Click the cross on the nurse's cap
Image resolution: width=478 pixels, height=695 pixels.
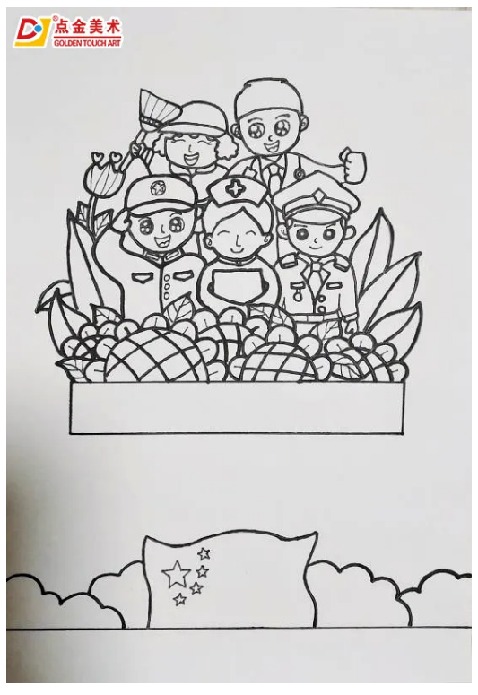click(233, 189)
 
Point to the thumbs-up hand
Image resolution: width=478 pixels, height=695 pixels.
click(353, 165)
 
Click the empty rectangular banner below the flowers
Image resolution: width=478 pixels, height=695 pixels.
click(238, 408)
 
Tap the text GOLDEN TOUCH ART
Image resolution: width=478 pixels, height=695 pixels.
click(87, 43)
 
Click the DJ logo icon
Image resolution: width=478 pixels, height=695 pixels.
click(32, 32)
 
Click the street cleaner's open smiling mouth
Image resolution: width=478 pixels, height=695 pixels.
click(192, 158)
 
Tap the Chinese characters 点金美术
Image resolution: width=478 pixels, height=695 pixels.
click(87, 28)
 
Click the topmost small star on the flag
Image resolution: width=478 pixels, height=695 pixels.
click(204, 553)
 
